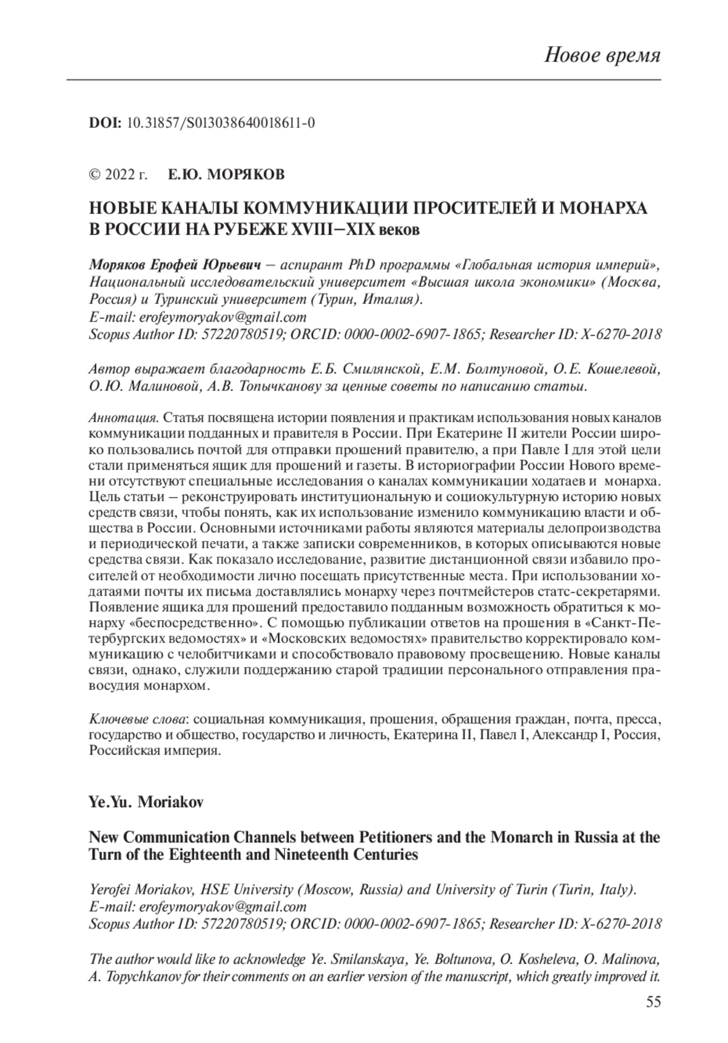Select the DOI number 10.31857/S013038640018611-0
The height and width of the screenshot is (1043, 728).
pos(220,123)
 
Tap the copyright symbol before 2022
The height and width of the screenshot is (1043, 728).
pos(95,175)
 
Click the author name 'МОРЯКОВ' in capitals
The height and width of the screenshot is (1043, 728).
pos(246,175)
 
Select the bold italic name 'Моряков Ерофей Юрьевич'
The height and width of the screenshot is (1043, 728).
pos(175,265)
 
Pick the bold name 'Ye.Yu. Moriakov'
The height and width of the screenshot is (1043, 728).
pos(146,802)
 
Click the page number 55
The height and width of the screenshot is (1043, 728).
pos(653,1002)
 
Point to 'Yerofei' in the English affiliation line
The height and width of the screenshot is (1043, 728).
pos(110,889)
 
